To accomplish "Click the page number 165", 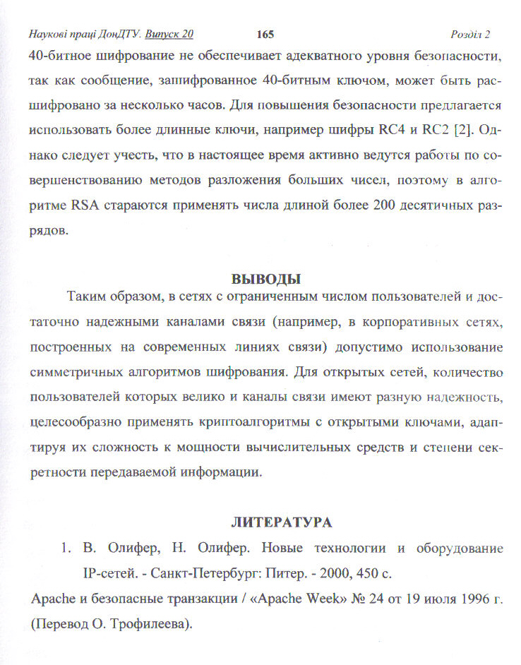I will pos(265,35).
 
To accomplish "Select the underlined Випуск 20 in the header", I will pos(169,35).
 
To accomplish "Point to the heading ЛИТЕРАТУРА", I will pos(282,523).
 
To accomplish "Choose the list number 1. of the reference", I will pos(66,549).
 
